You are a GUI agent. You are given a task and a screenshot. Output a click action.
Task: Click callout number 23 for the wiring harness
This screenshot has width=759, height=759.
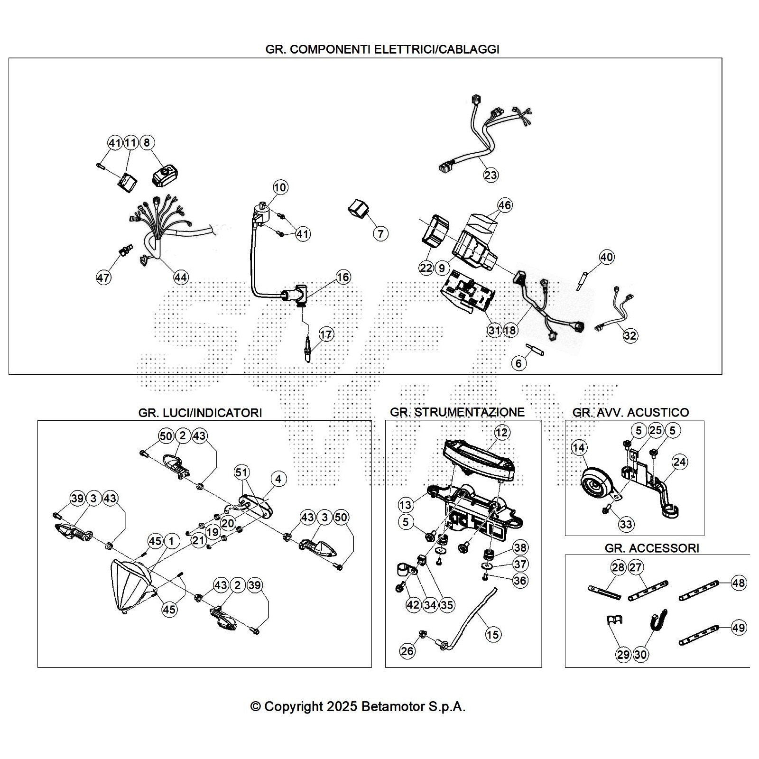point(491,175)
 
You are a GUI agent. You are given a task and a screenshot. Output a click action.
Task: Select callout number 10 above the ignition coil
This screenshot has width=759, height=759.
point(280,187)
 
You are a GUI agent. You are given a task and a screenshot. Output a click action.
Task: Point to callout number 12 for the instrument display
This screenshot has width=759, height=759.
point(501,432)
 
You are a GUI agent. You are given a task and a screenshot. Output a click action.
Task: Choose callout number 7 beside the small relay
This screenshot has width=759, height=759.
point(380,233)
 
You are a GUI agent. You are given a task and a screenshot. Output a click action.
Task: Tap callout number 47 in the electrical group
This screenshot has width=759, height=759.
point(103,278)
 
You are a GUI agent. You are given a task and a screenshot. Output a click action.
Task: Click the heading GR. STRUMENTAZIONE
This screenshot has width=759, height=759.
point(457,412)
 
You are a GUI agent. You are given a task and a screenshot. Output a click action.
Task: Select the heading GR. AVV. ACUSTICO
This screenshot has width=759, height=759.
point(630,412)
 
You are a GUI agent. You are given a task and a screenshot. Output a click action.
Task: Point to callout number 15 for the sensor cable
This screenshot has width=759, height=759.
point(493,634)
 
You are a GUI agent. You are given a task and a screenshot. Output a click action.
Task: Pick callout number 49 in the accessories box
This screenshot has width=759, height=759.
point(739,628)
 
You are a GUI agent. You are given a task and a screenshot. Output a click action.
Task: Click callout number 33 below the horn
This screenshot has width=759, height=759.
point(626,524)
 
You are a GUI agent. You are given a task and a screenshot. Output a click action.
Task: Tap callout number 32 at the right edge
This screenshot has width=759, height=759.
point(630,335)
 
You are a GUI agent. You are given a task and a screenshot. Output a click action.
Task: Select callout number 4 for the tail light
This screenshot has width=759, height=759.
point(278,479)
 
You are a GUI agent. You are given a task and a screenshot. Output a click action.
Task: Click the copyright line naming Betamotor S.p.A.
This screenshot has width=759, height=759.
point(358,706)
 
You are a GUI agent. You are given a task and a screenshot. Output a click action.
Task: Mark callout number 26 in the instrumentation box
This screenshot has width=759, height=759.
point(407,651)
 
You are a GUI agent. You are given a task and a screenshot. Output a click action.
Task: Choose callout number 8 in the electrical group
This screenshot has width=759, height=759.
point(147,142)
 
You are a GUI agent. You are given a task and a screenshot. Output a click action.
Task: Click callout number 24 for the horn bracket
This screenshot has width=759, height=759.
point(680,462)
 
